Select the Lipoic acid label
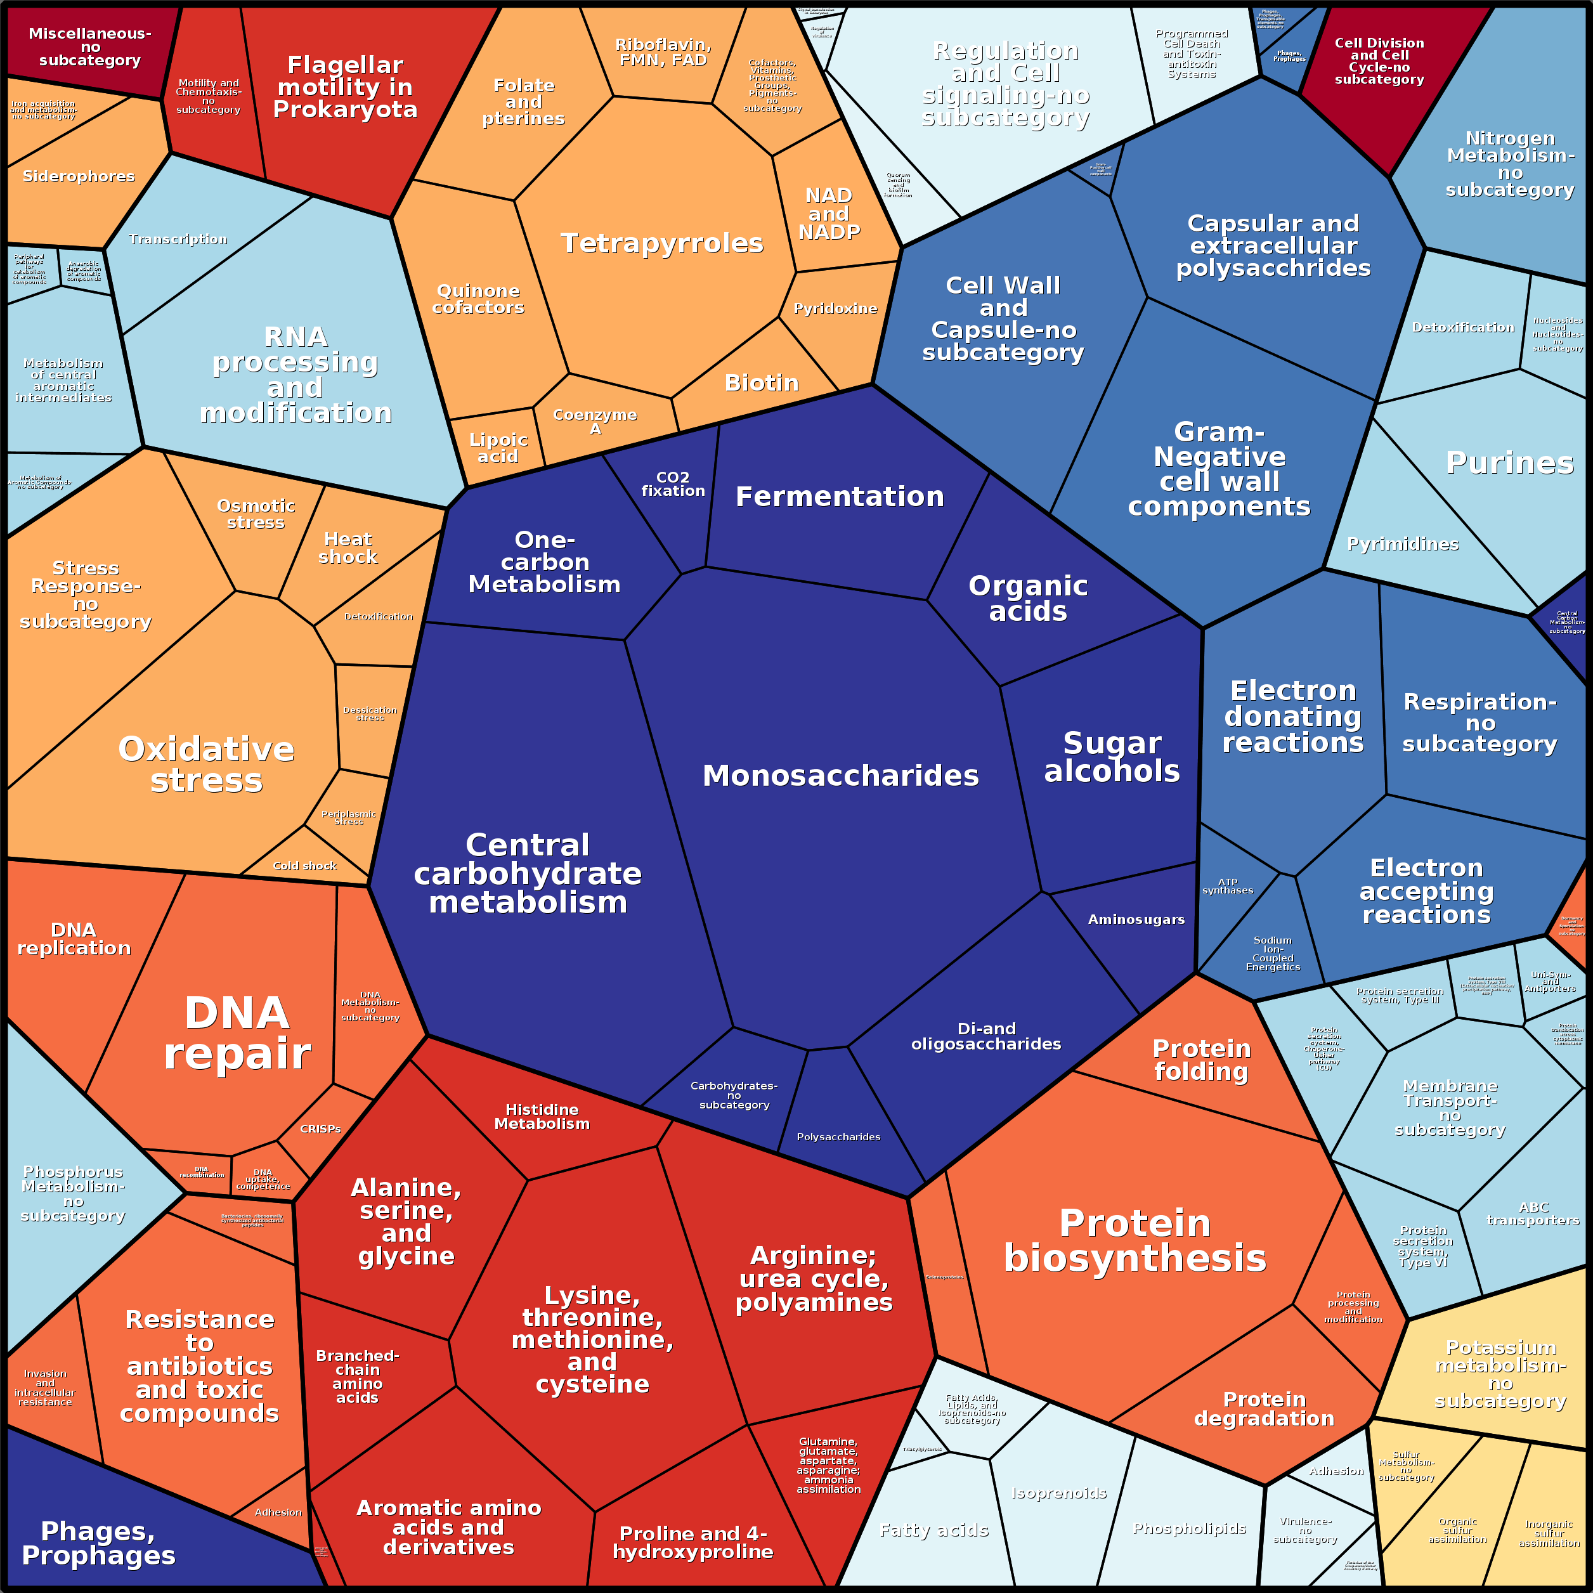(498, 448)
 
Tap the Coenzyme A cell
(594, 421)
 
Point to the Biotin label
(761, 382)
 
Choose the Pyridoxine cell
(835, 308)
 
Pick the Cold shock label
(304, 866)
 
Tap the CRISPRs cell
(320, 1129)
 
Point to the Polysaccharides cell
(838, 1137)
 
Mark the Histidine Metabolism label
(542, 1116)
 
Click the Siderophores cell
(79, 176)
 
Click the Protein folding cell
(1201, 1060)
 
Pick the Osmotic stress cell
(256, 514)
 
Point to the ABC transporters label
(1533, 1213)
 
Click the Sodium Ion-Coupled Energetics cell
(1272, 953)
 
